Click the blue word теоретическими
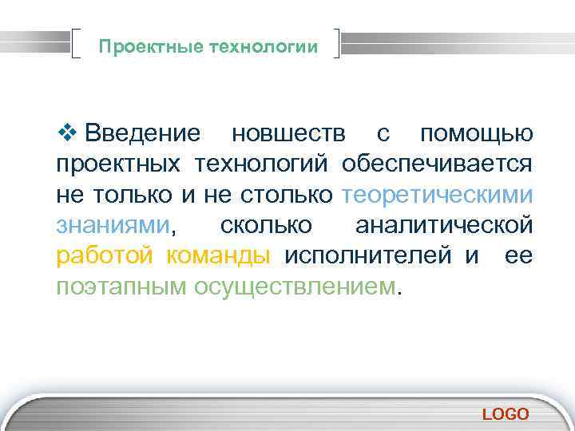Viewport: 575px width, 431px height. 437,196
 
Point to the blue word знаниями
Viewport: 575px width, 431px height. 113,226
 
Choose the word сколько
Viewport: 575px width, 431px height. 266,226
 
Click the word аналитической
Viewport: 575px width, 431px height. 444,226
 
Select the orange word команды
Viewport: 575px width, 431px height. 218,257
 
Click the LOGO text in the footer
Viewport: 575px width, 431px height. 506,413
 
